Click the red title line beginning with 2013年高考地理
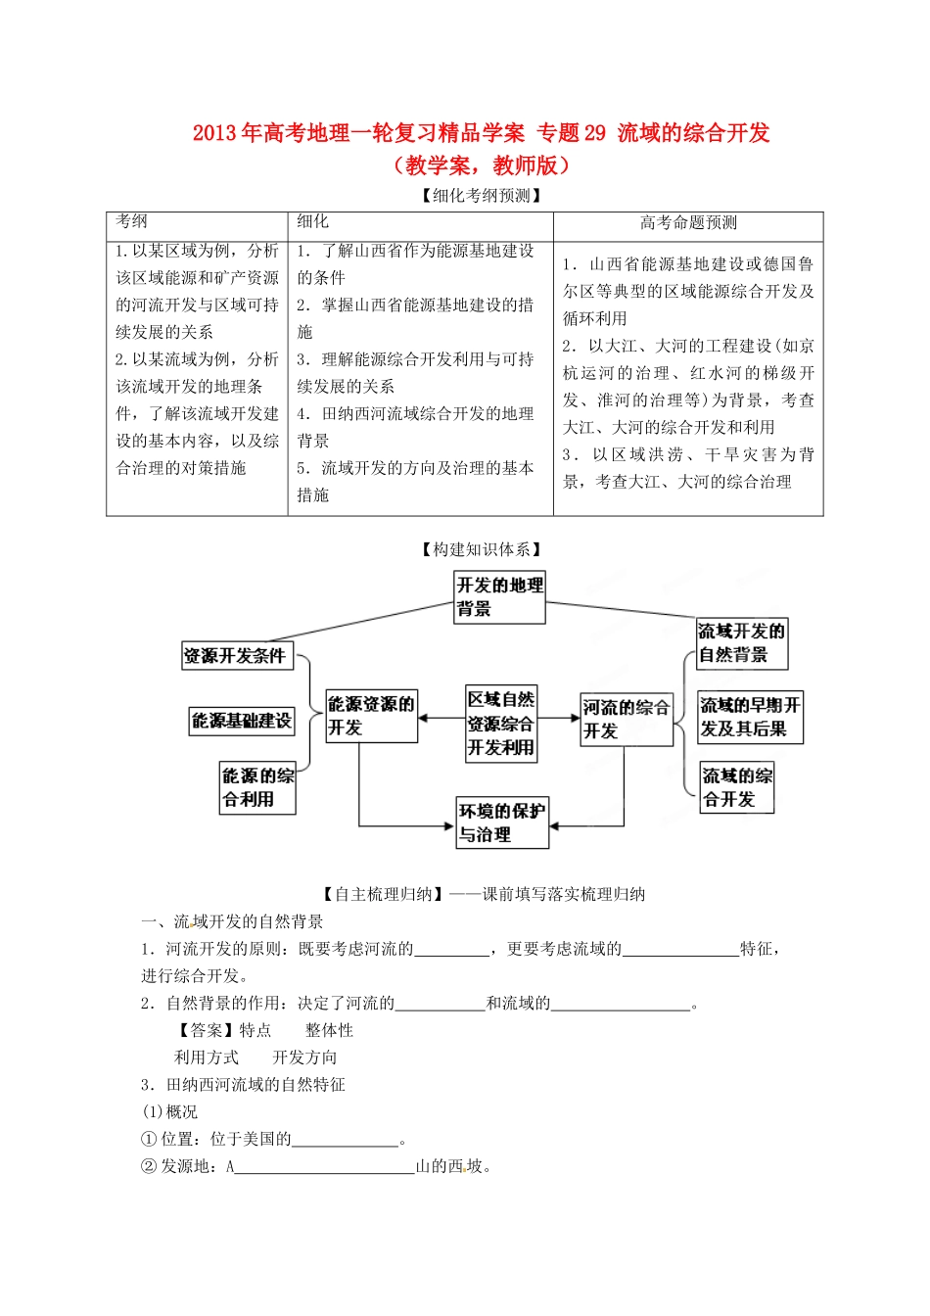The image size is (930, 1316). [x=481, y=133]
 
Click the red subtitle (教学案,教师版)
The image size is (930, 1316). [x=481, y=164]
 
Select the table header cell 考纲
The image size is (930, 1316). [x=132, y=222]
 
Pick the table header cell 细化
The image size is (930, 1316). [x=313, y=222]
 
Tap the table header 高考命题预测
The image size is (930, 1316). [x=688, y=223]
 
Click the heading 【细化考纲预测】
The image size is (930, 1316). [x=481, y=196]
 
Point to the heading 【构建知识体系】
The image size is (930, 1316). [x=481, y=549]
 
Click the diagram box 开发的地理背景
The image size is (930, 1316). [x=499, y=597]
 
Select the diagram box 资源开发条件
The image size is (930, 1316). [x=237, y=655]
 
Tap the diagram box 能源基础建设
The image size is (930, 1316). [x=242, y=721]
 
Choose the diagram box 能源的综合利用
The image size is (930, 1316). [x=257, y=787]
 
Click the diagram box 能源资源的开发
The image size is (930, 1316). [x=371, y=716]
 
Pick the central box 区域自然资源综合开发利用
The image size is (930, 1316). [x=501, y=724]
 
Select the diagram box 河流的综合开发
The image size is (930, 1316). [x=627, y=719]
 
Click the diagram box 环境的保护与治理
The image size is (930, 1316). [x=501, y=822]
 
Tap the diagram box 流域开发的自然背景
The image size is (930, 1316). [x=741, y=642]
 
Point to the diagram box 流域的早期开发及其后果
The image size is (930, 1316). [x=750, y=717]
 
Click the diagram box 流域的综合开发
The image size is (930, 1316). [x=736, y=787]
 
